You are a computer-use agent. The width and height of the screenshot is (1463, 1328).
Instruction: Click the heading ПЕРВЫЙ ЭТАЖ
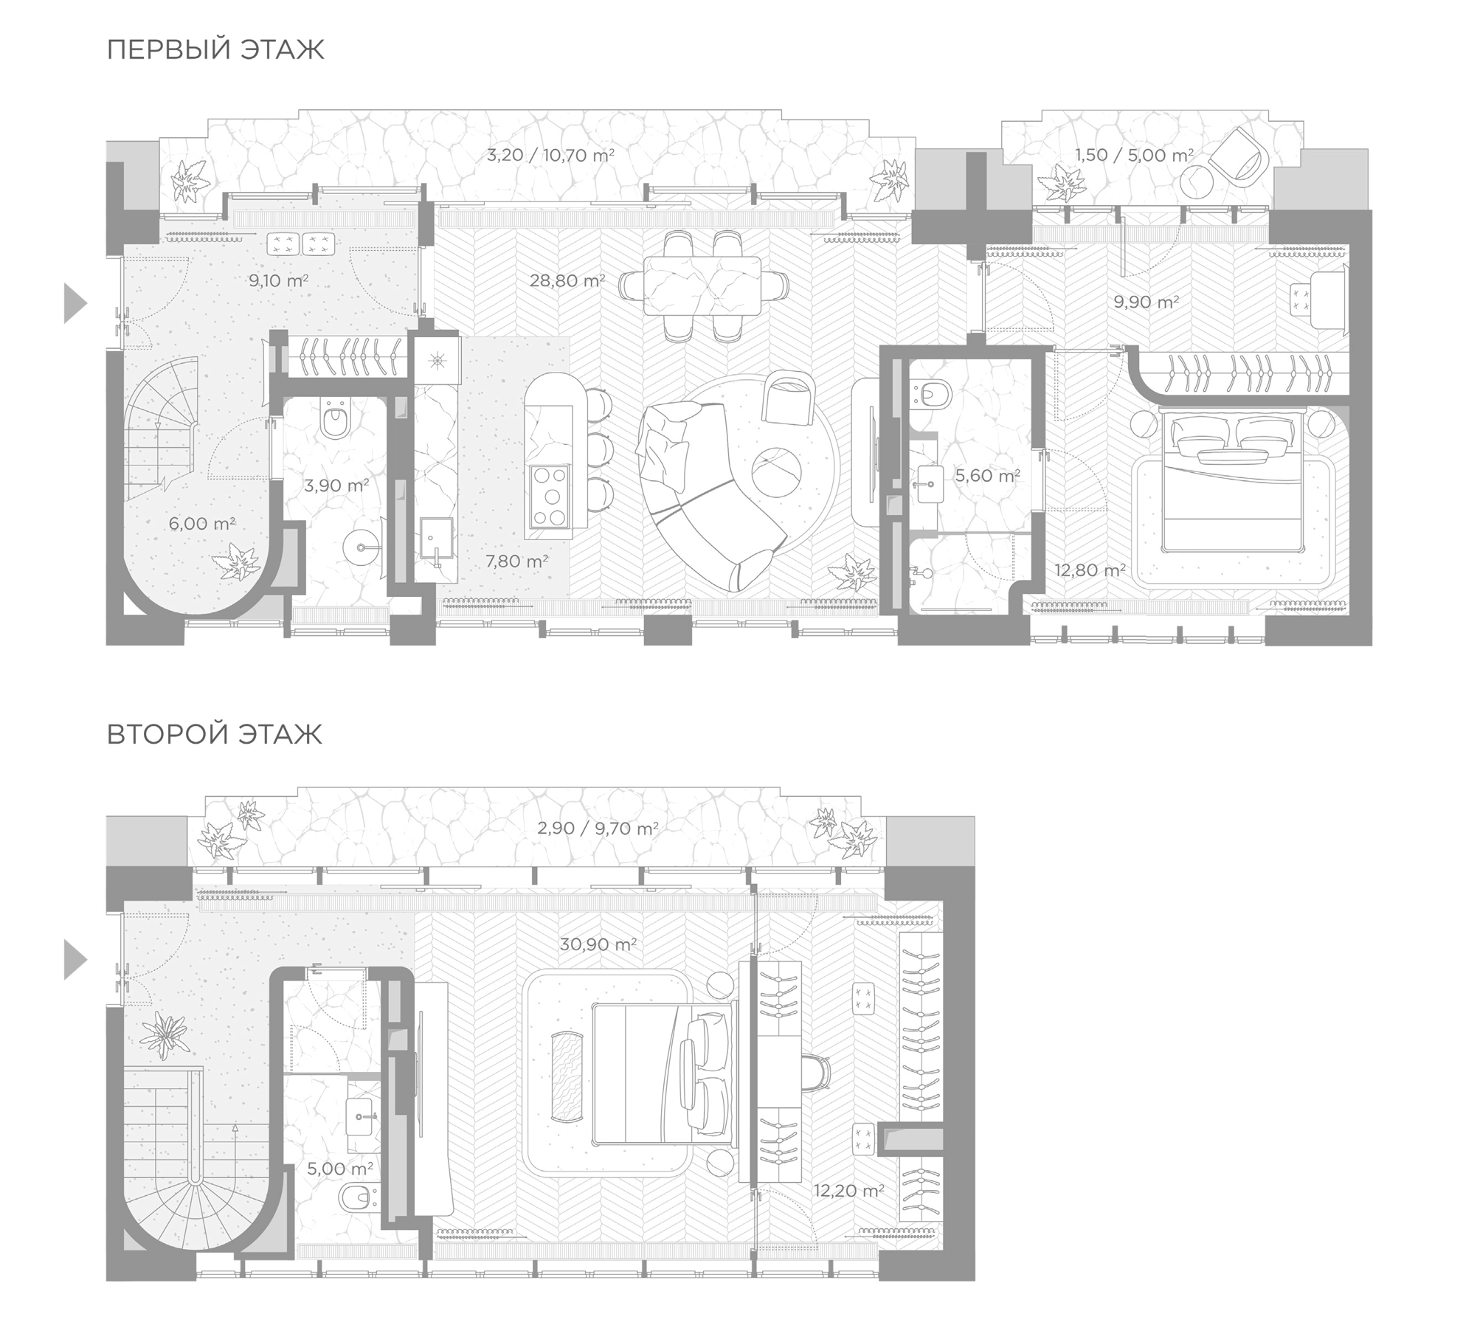215,49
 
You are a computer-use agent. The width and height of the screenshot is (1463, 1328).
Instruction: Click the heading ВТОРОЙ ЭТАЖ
215,734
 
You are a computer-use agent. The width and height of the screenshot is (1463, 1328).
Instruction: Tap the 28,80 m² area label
567,280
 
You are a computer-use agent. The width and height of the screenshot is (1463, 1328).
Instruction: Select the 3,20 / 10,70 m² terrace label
550,155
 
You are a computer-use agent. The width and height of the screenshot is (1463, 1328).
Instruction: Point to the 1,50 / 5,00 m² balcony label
1133,155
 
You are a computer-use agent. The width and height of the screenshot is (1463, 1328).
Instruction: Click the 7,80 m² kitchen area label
516,561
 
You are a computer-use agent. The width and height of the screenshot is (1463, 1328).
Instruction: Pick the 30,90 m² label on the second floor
598,944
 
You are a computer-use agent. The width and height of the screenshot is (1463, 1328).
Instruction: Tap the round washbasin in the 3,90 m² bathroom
362,548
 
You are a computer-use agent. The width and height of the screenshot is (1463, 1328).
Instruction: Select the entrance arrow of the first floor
75,303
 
